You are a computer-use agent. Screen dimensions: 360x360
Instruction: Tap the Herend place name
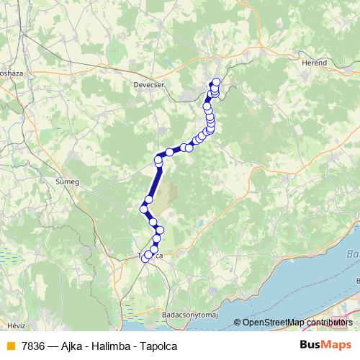[x=313, y=63]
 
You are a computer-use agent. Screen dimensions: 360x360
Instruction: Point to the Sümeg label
[x=66, y=182]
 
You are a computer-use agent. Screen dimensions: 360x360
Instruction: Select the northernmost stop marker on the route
[x=215, y=81]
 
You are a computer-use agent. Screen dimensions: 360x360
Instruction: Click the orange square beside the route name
[x=10, y=346]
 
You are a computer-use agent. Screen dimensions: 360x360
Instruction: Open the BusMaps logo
[x=323, y=346]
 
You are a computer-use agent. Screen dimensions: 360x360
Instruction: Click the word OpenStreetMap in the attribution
[x=274, y=323]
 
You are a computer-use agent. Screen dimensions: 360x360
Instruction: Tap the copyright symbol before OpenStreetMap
[x=237, y=323]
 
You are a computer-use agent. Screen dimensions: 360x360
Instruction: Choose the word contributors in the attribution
[x=329, y=323]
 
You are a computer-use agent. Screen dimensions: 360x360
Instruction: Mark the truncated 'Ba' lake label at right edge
[x=354, y=253]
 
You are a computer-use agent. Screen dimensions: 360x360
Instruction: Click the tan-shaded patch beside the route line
[x=166, y=198]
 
